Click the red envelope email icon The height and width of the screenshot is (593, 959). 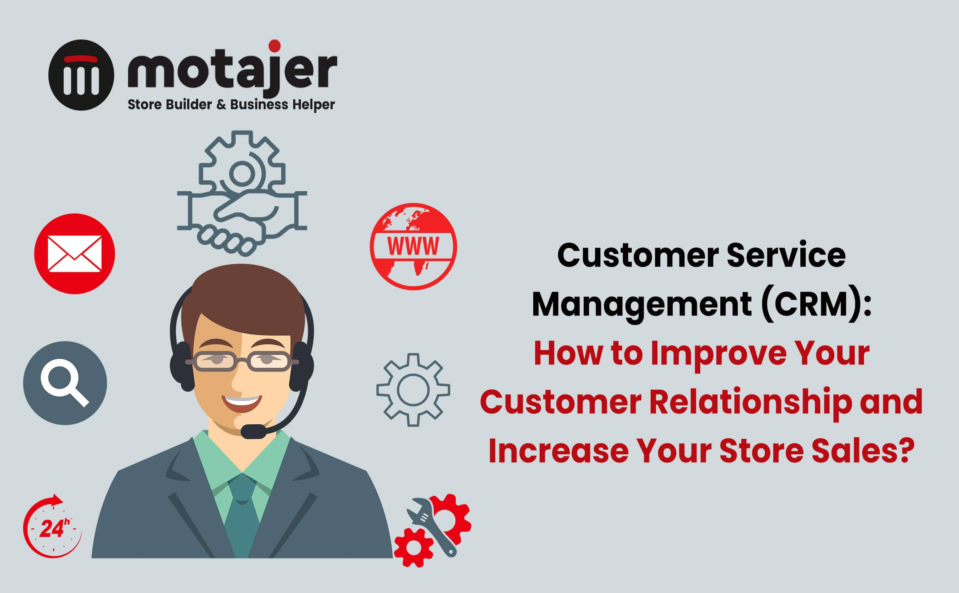74,253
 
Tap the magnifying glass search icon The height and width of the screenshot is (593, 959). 65,383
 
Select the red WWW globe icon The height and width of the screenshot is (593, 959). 413,246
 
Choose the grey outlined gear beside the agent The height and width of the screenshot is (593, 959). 413,390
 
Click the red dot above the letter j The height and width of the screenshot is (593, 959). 275,46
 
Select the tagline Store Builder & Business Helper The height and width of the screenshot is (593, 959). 231,105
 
